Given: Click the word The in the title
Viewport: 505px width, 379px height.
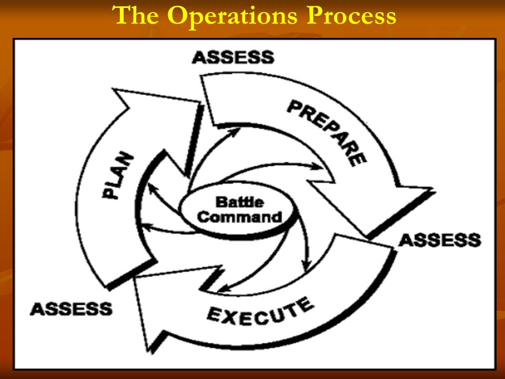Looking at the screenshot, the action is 135,15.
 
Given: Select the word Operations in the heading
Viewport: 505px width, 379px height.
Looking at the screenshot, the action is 232,17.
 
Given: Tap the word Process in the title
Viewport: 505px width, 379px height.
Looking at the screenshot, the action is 351,15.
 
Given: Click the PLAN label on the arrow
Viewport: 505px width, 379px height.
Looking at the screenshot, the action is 118,175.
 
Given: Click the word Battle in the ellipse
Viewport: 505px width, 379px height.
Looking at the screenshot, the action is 240,202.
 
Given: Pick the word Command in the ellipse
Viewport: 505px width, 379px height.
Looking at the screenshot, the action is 240,217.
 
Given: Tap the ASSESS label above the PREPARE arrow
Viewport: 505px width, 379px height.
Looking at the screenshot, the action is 233,57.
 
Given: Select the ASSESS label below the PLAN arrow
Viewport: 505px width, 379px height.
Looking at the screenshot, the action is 71,309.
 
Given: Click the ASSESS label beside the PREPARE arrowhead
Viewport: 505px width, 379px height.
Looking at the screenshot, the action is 440,240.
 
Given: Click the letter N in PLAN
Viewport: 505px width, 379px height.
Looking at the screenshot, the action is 127,158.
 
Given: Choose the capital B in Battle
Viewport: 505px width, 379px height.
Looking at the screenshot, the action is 220,202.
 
